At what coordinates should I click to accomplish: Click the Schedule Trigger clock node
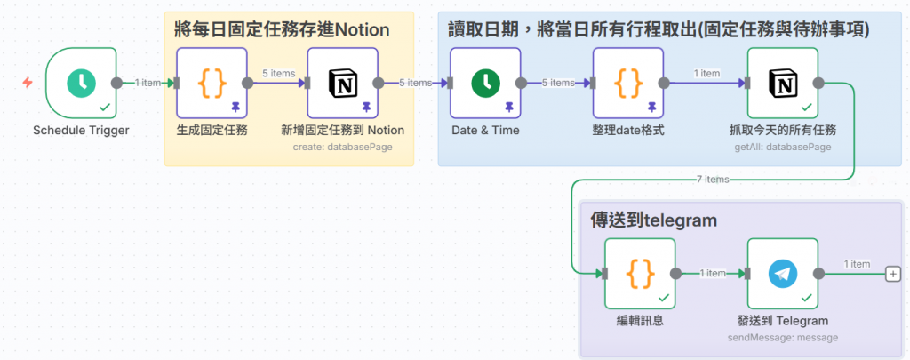coord(81,83)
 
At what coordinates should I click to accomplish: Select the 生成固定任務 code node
coord(212,83)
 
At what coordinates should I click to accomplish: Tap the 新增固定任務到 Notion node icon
coord(342,83)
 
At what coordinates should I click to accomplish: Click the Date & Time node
coord(484,83)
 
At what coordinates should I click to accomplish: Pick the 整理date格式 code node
coord(628,83)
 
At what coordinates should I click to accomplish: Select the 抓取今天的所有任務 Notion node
coord(783,83)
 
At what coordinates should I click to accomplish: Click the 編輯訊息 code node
coord(640,273)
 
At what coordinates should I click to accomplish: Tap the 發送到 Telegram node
coord(783,273)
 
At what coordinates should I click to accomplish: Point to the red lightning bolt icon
coord(28,83)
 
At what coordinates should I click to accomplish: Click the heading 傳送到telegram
coord(653,220)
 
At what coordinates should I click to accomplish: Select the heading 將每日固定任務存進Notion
coord(282,29)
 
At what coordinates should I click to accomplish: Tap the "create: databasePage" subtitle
coord(342,147)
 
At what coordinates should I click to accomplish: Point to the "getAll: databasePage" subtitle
coord(783,147)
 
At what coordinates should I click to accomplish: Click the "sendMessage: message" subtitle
coord(783,337)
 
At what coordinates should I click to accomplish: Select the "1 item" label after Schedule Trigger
coord(148,83)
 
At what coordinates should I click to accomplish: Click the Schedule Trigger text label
coord(81,131)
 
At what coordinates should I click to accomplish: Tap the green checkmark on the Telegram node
coord(807,297)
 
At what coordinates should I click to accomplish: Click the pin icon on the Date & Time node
coord(509,107)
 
